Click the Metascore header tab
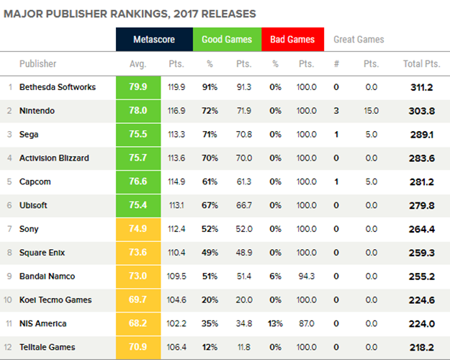pos(154,40)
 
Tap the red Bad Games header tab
pos(292,40)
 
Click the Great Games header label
pos(359,40)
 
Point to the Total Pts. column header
pos(421,64)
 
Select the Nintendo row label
pos(37,111)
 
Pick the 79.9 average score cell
pos(138,88)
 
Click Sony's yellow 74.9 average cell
pos(138,229)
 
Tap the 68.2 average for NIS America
pos(138,323)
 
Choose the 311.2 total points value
pos(421,88)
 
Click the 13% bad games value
pos(276,323)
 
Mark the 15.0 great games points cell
pos(371,111)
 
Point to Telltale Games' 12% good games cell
pos(210,347)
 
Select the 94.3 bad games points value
pos(306,276)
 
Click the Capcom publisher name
pos(35,182)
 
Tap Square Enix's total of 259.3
pos(421,253)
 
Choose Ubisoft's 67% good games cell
pos(210,206)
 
